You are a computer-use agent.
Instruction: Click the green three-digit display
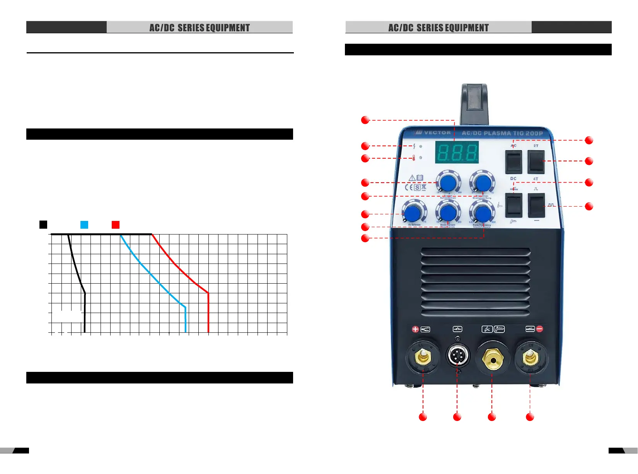point(457,152)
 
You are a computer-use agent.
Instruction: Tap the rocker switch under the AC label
point(514,162)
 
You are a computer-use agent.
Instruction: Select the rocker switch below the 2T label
point(536,162)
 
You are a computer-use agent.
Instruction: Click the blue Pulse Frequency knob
point(482,213)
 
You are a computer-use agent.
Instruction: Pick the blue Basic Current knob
point(448,213)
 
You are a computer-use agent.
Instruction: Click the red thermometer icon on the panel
point(414,158)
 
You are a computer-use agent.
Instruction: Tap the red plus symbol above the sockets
point(415,329)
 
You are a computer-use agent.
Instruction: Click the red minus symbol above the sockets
point(540,329)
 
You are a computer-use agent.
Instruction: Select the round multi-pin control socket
point(457,355)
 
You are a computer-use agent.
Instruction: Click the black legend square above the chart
point(43,224)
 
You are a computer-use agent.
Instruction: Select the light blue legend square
point(84,224)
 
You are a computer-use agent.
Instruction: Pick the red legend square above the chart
point(116,224)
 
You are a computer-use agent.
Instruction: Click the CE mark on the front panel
point(408,187)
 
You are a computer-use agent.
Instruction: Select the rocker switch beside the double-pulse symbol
point(536,205)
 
